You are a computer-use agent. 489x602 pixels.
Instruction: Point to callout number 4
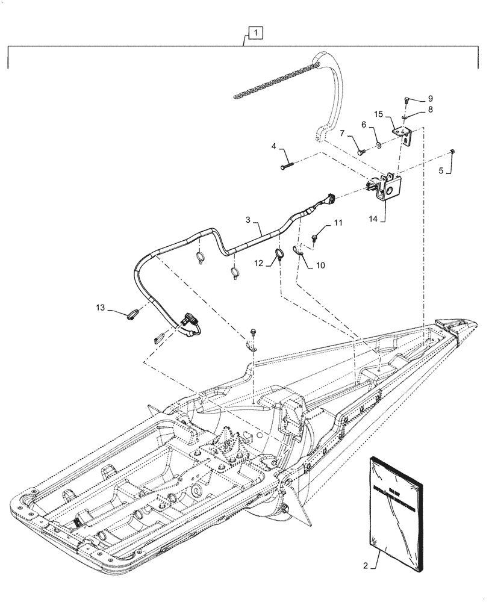tap(274, 146)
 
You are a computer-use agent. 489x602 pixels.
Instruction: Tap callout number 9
tap(430, 98)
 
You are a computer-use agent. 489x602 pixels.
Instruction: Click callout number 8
tap(429, 110)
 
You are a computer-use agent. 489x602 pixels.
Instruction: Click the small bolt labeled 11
tap(314, 240)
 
